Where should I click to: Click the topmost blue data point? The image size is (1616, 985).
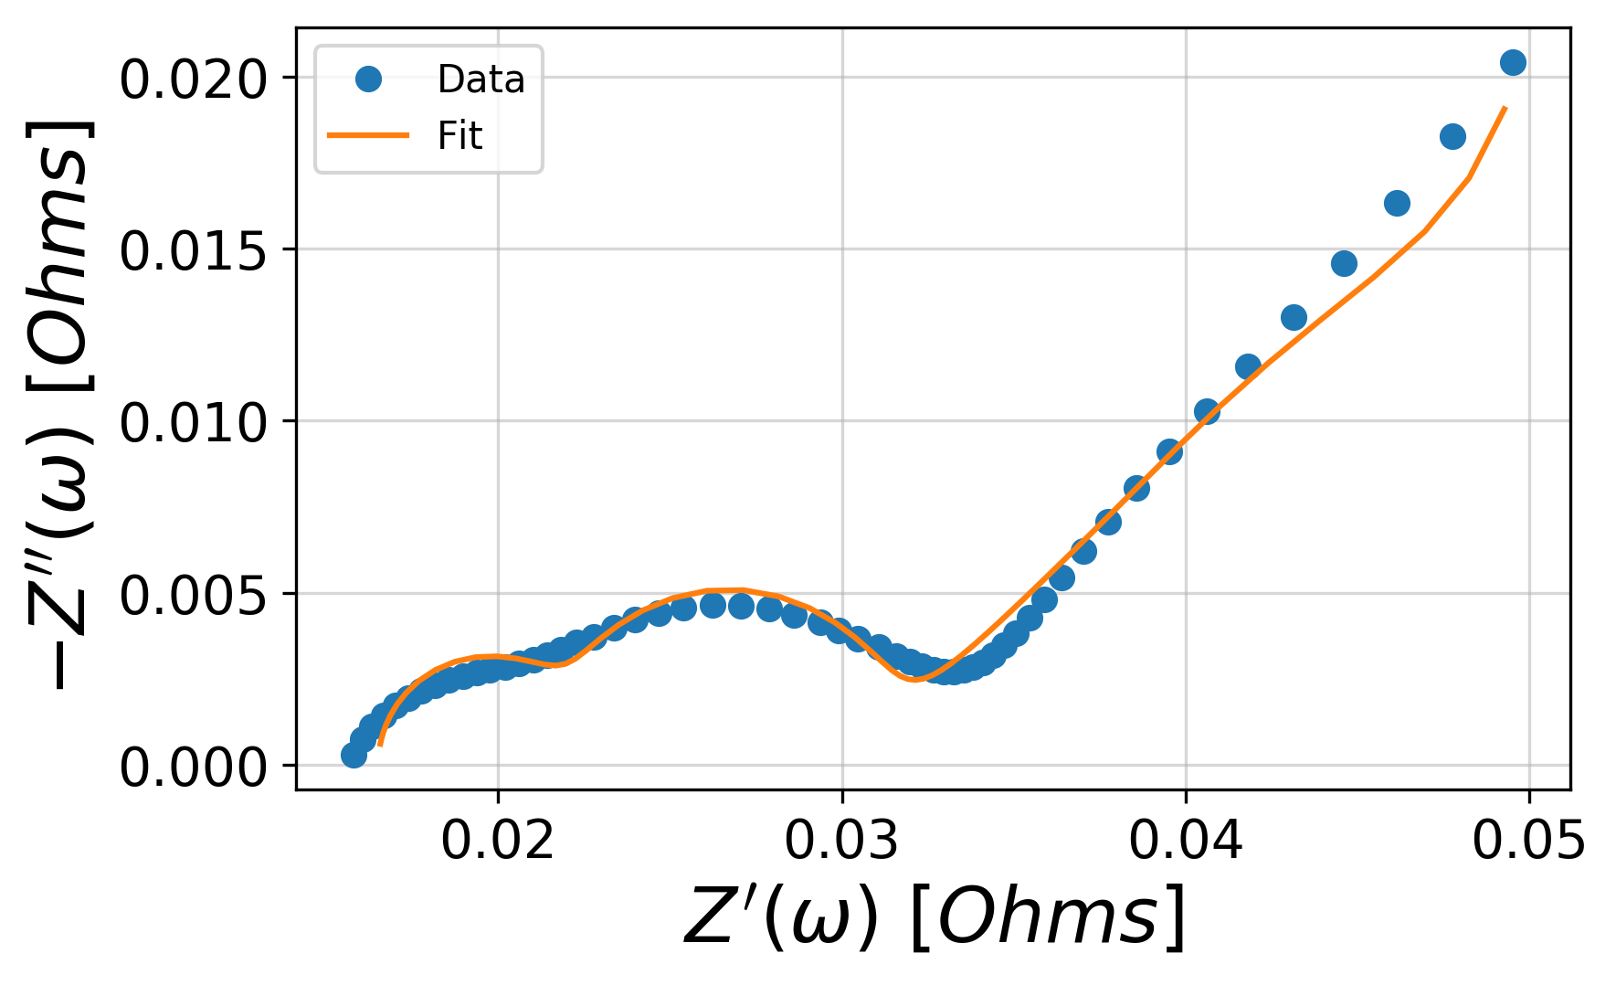1513,62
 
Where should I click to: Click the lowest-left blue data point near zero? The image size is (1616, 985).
354,755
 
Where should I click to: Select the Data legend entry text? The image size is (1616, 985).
481,79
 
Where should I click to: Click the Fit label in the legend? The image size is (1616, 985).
459,136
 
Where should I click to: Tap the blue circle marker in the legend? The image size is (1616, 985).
368,79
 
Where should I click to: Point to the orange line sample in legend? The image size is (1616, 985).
368,136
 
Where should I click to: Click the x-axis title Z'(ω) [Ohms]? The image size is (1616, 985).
934,916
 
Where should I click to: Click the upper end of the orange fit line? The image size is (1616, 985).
1505,109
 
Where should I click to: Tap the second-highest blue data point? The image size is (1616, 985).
1452,136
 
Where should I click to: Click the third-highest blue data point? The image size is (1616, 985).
1397,203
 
